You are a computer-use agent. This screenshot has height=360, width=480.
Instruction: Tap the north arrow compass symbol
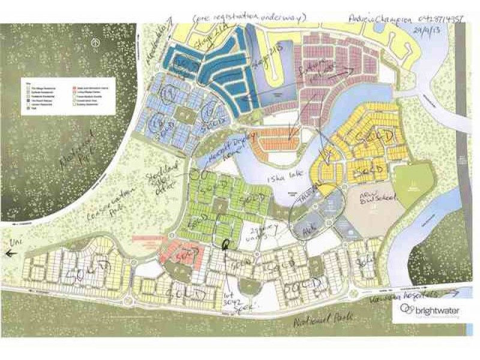coord(96,43)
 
